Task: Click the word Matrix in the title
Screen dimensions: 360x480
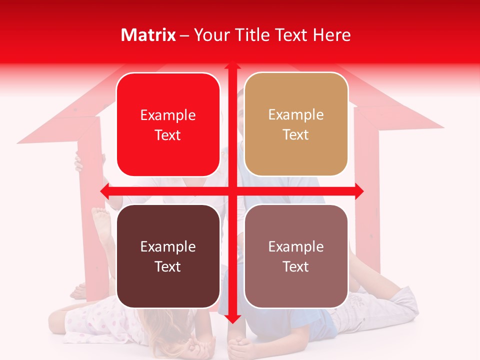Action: pos(148,35)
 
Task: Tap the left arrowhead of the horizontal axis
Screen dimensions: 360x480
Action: pos(104,191)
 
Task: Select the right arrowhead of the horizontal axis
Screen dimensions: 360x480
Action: pos(359,191)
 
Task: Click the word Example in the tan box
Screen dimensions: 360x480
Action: pos(296,114)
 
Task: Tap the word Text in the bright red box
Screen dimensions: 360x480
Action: pos(168,135)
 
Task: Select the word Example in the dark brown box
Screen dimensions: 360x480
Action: pos(168,246)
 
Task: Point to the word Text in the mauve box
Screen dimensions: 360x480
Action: pos(296,266)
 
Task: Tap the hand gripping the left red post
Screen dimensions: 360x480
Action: pos(79,163)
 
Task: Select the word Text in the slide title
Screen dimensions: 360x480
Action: pos(291,35)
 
